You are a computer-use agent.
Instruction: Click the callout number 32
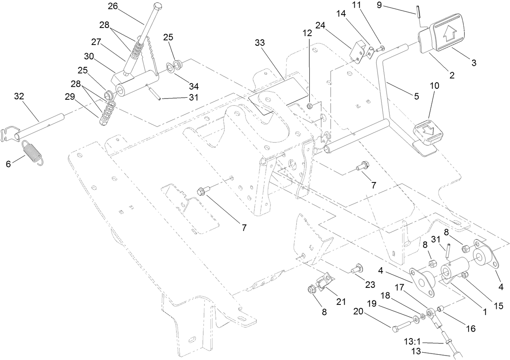[x=19, y=96]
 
